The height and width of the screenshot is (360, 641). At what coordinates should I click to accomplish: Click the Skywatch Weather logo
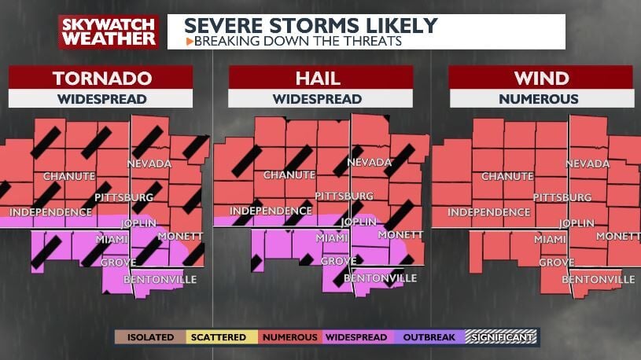point(109,31)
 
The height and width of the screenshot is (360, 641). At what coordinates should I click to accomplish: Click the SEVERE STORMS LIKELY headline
point(310,24)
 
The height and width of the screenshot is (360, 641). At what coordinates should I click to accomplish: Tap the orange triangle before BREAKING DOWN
point(189,40)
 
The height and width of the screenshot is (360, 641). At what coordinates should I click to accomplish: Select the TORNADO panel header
point(101,78)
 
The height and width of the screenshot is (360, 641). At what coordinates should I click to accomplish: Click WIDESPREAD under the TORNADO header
point(101,99)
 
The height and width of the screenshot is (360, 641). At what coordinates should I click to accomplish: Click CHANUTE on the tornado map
point(69,175)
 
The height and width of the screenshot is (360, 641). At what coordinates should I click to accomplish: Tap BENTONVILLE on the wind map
point(599,279)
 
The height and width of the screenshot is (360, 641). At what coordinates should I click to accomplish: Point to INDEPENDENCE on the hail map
point(271,211)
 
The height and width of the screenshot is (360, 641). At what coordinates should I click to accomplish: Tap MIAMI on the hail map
point(331,237)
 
